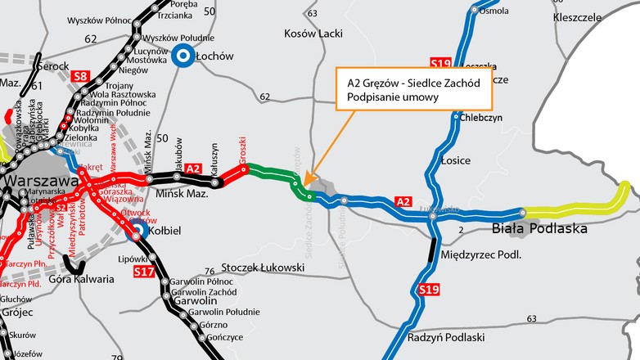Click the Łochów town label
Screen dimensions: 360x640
click(215, 56)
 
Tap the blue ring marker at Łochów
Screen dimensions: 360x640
click(183, 56)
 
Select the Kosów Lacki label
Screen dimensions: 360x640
click(313, 34)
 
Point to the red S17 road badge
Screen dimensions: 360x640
click(144, 270)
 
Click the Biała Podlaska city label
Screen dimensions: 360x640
click(539, 229)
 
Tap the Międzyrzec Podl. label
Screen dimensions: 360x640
click(480, 256)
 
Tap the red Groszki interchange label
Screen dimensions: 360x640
click(242, 153)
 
